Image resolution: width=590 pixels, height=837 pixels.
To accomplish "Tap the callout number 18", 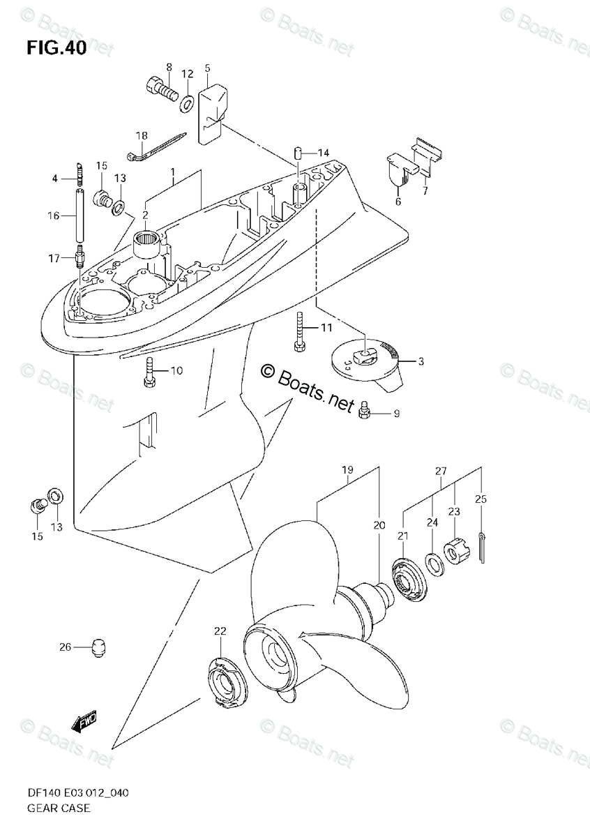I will pyautogui.click(x=142, y=135).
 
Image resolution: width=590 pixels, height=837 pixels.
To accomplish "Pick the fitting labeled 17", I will pyautogui.click(x=80, y=259).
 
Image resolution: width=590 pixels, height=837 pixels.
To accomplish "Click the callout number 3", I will pyautogui.click(x=421, y=361).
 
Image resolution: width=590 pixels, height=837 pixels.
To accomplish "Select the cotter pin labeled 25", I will pyautogui.click(x=483, y=545).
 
